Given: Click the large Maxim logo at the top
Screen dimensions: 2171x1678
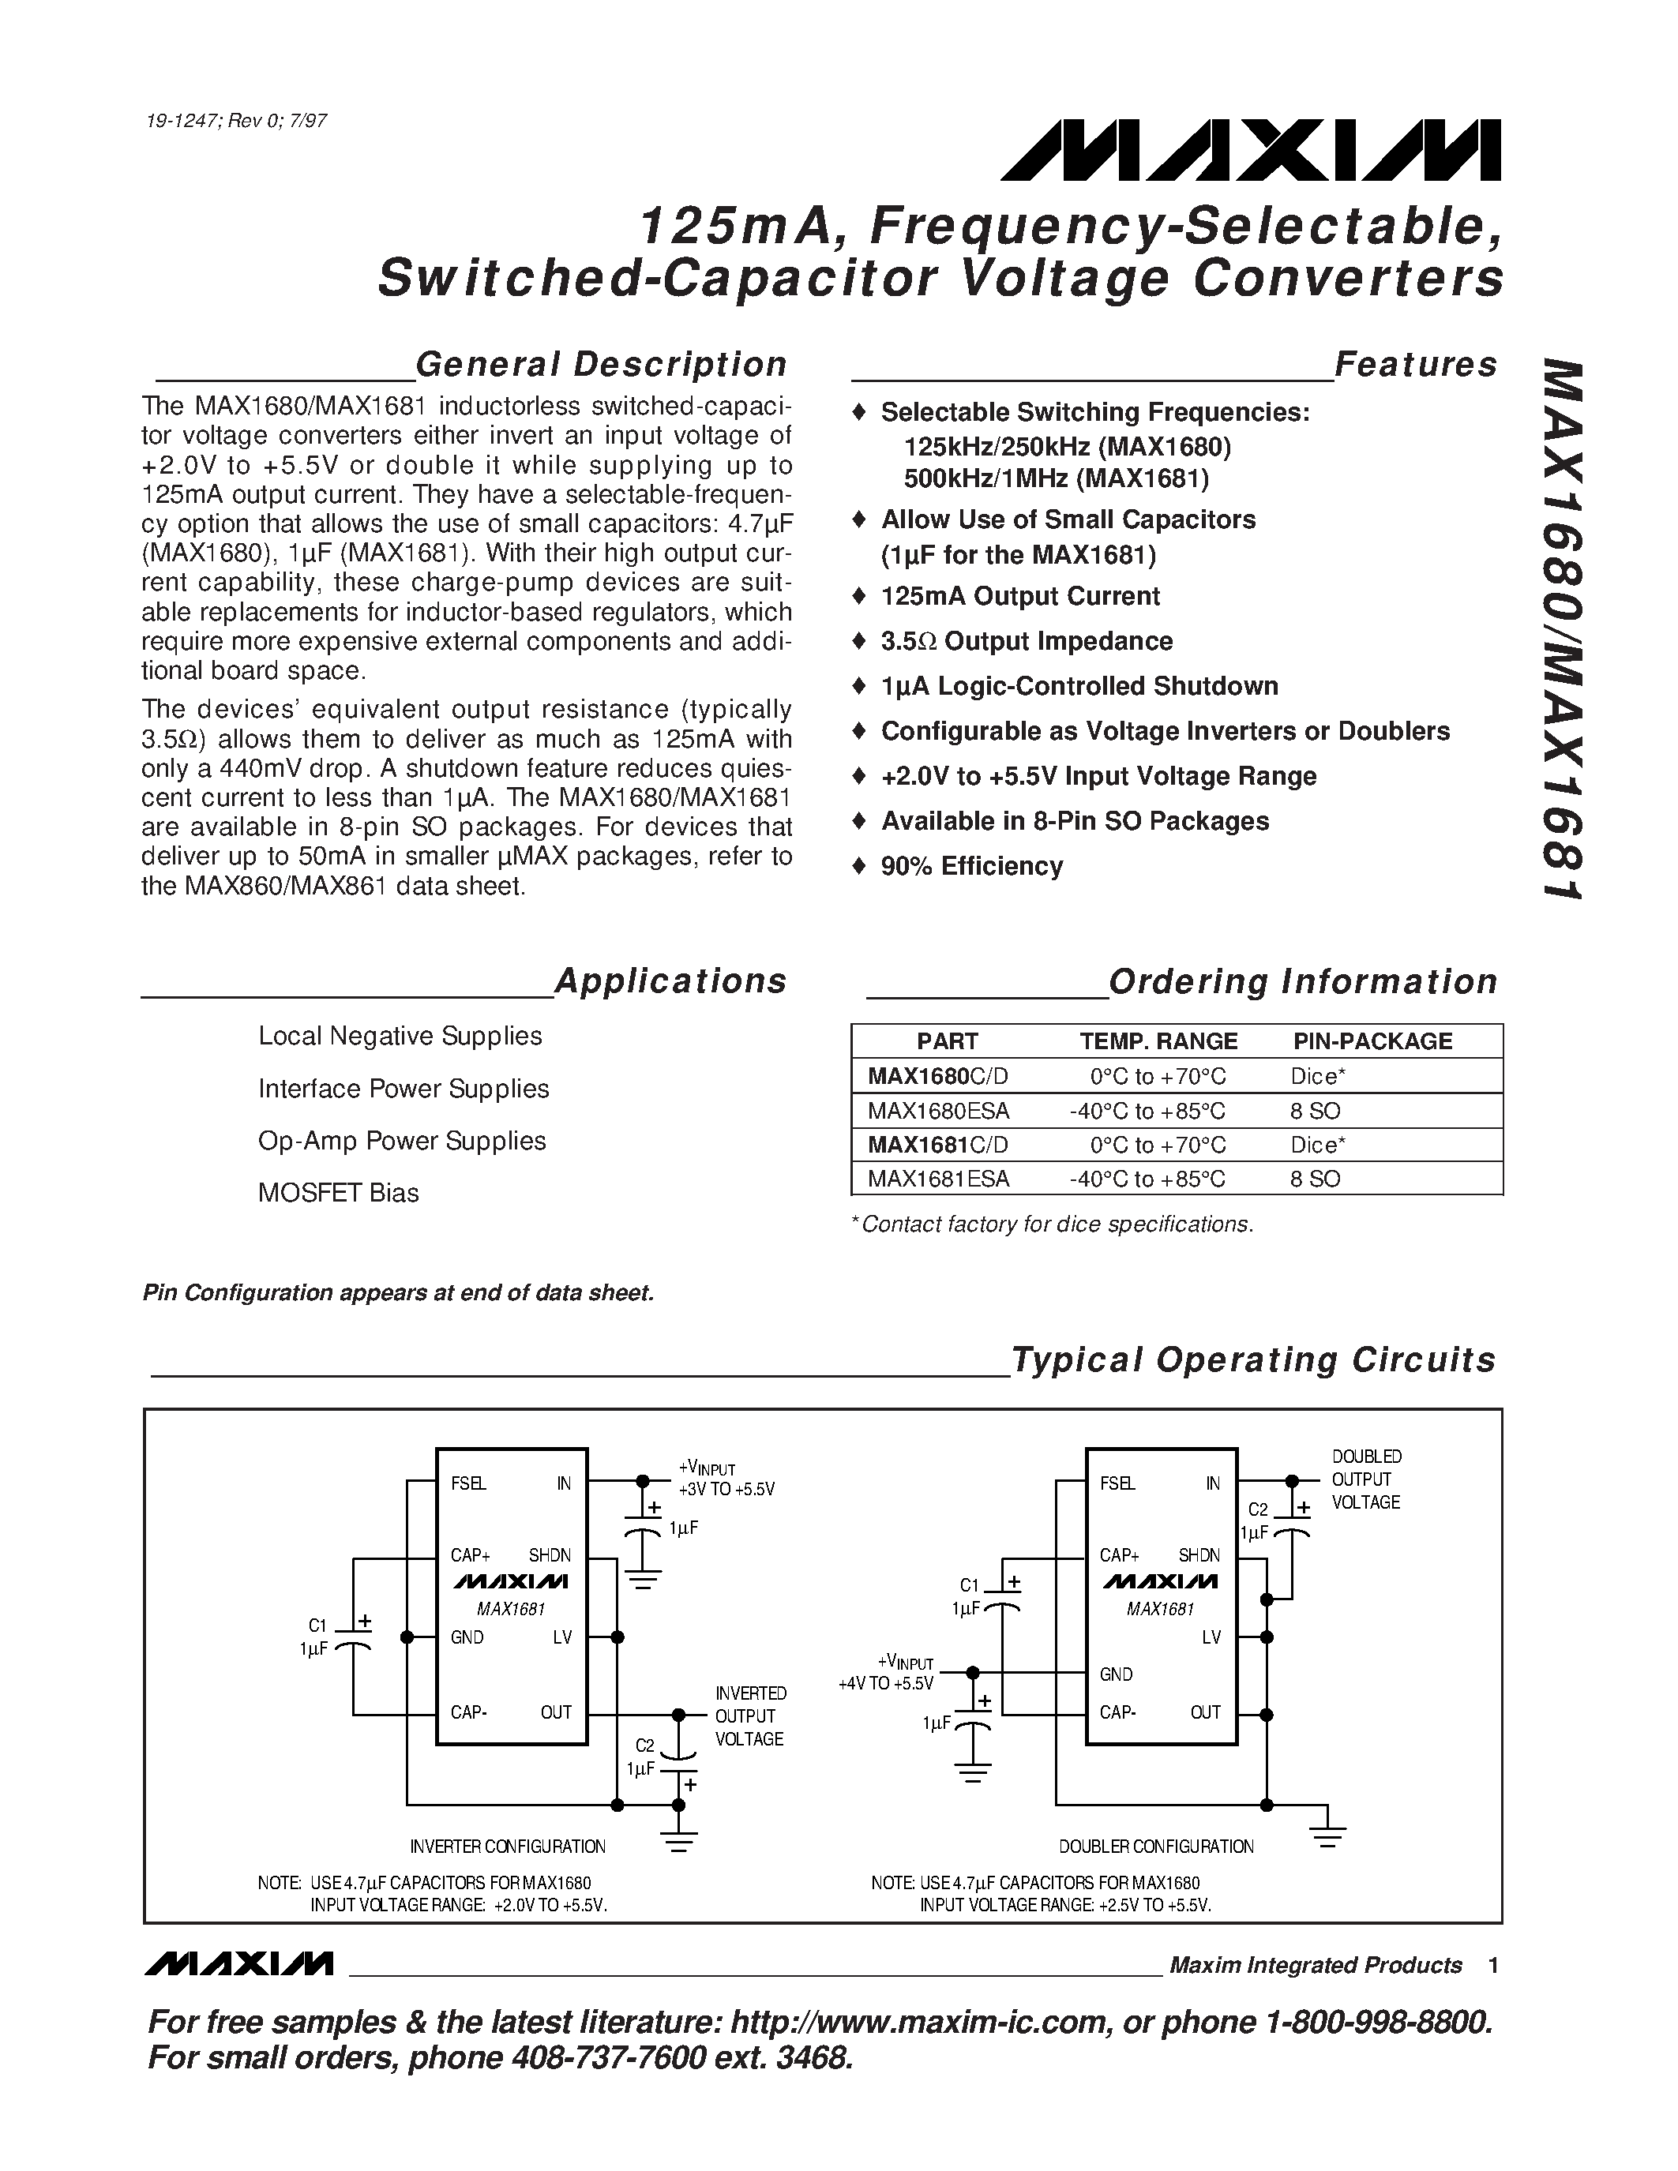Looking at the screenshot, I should [1251, 150].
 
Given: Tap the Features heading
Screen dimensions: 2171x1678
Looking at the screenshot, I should [1416, 364].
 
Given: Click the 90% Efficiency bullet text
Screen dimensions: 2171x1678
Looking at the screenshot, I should [971, 866].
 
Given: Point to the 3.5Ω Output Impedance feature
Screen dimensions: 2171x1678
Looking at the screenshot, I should [1026, 641].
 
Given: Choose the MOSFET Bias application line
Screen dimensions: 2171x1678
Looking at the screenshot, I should [338, 1193].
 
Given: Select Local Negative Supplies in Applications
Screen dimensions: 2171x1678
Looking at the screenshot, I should [400, 1036].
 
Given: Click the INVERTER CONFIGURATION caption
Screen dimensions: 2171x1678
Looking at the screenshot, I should [507, 1847].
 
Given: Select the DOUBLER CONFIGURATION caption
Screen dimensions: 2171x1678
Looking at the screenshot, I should [1155, 1847].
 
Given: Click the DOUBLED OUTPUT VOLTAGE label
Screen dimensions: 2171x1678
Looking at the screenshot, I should [1366, 1479].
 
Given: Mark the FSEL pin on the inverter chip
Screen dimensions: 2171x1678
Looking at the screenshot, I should [468, 1483].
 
